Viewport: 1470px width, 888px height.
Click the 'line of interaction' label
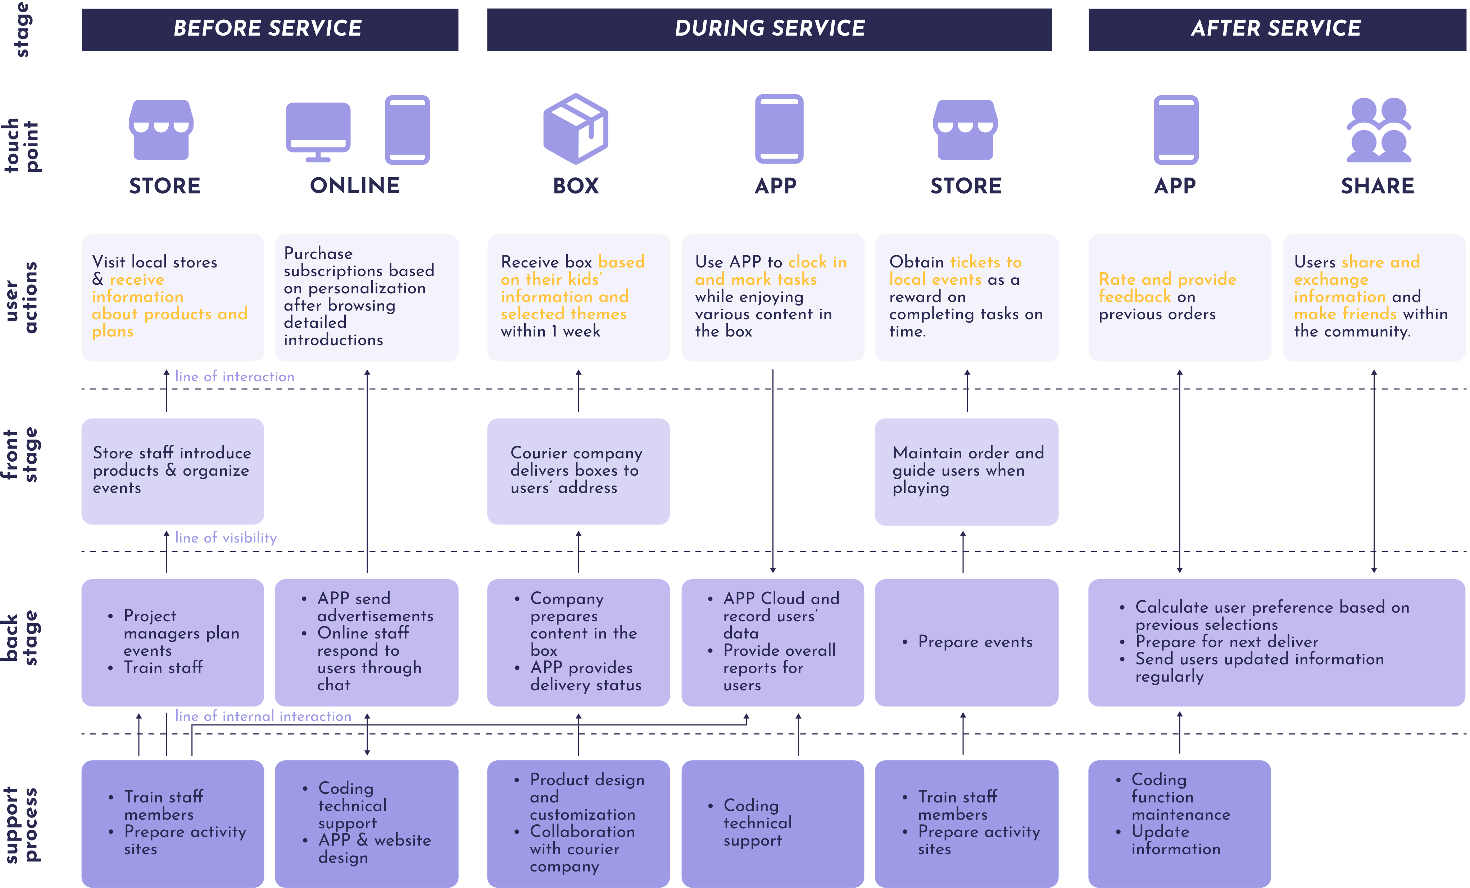point(235,377)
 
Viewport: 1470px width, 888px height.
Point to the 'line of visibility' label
point(226,538)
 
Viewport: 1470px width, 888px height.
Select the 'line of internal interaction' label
point(263,716)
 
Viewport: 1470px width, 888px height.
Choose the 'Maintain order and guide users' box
point(966,471)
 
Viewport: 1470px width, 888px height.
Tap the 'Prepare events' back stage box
point(966,642)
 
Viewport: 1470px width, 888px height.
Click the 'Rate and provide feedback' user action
point(1179,297)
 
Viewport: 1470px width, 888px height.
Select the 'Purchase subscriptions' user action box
point(366,297)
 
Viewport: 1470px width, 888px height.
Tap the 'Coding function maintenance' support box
point(1179,823)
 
